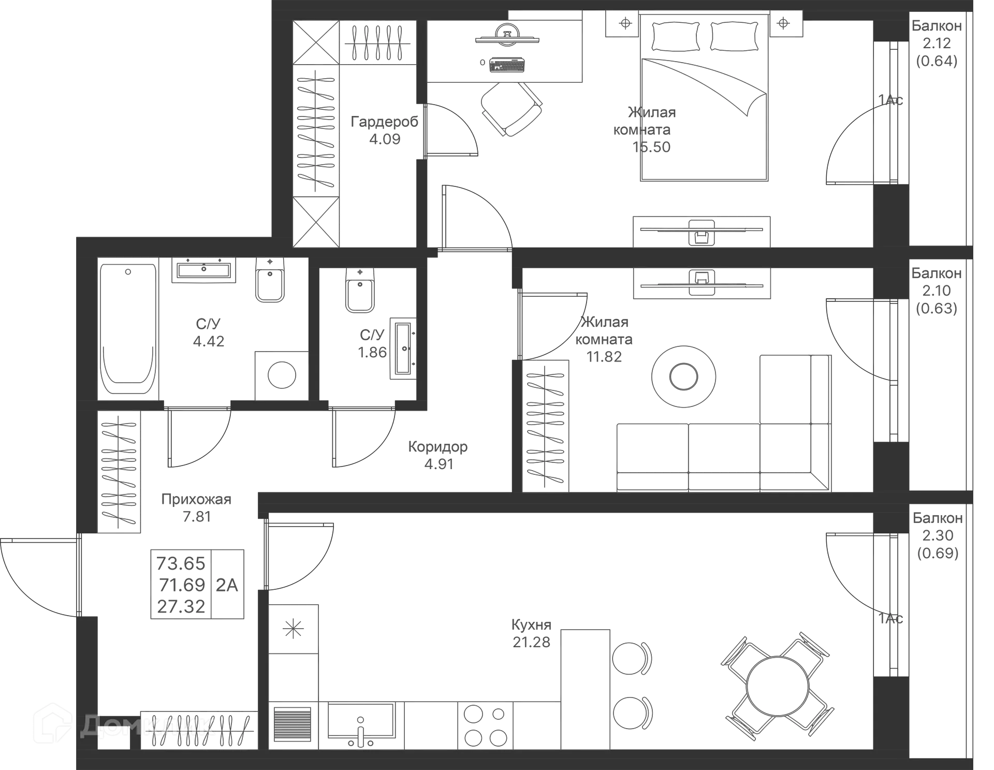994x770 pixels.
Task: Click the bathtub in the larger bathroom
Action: (x=128, y=330)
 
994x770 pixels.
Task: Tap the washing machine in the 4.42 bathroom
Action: (x=281, y=374)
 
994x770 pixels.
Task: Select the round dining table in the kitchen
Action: (x=777, y=687)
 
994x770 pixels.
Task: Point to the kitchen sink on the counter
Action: (x=361, y=724)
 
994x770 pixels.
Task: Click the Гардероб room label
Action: (x=384, y=122)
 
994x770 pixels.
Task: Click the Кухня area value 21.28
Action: (x=531, y=643)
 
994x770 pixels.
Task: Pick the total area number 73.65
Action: (x=181, y=562)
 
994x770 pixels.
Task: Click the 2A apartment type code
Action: (x=227, y=585)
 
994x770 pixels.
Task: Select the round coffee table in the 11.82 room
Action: (x=684, y=376)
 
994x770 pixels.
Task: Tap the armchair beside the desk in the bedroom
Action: (x=511, y=109)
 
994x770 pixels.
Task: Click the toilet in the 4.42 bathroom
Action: (x=269, y=282)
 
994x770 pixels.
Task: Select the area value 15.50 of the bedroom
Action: (x=651, y=147)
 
